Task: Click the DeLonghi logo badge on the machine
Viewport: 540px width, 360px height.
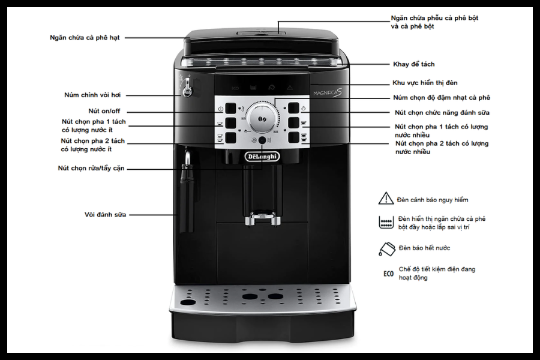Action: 262,157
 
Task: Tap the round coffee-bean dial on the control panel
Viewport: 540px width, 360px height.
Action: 262,118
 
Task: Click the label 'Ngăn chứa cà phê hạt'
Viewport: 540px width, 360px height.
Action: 85,38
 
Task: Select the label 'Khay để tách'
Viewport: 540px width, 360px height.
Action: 413,64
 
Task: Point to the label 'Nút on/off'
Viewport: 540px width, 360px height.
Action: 104,111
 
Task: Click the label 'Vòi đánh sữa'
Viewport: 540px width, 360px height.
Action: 106,215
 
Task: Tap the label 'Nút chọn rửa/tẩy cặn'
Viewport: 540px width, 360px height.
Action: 91,169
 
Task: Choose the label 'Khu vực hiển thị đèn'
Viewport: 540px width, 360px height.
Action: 425,83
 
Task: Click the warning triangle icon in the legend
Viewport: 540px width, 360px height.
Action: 386,199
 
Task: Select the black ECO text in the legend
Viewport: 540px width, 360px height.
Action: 388,274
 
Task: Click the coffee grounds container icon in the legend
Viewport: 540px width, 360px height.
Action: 386,222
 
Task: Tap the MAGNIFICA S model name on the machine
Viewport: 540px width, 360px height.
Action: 328,92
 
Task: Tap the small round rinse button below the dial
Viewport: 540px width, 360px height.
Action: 262,140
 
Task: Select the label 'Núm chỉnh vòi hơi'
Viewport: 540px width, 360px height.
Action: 92,95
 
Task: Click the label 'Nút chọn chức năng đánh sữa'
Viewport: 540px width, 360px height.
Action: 442,113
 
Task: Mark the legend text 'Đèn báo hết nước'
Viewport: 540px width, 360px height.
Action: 424,248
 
